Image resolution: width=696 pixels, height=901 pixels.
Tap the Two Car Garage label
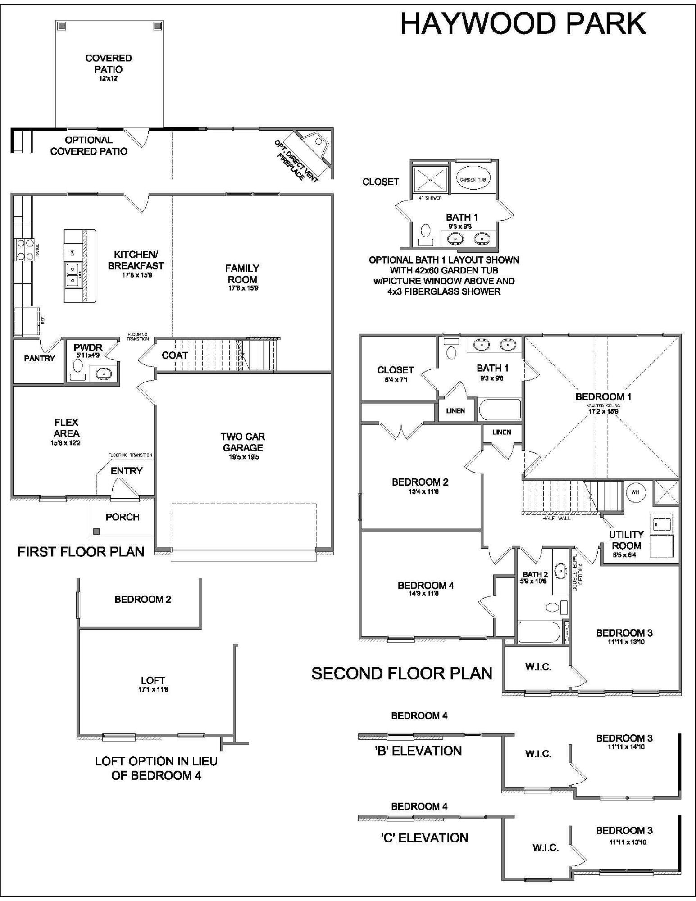point(242,442)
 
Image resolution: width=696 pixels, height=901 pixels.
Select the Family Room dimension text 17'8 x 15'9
point(242,288)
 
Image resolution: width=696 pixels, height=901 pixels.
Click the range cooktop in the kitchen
point(25,249)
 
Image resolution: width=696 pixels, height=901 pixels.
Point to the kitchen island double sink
point(72,275)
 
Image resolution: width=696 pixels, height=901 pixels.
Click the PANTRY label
point(39,359)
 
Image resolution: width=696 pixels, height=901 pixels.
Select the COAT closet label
point(174,355)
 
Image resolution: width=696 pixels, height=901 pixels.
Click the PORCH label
point(123,517)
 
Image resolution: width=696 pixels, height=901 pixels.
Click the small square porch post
point(96,532)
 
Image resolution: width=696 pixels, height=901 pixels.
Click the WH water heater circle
point(635,492)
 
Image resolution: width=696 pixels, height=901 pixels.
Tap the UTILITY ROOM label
point(626,540)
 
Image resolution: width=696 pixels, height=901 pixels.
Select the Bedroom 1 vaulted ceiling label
point(603,405)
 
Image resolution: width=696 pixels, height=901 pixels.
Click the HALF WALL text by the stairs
point(556,518)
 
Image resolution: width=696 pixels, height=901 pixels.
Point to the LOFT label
point(153,680)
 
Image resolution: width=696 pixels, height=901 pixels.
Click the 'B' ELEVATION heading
point(419,751)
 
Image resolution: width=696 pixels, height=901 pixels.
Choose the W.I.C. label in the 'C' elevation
point(546,848)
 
